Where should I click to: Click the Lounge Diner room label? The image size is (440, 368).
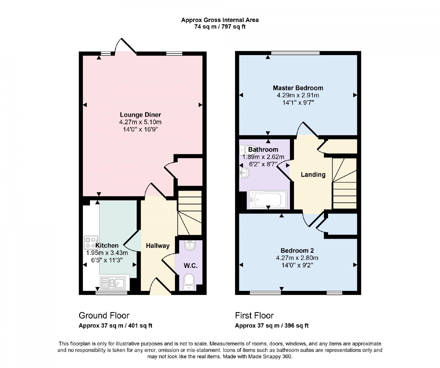point(140,115)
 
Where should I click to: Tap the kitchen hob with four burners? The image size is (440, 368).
point(91,243)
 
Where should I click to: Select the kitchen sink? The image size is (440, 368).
point(113,283)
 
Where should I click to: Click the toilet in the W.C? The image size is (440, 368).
point(189,282)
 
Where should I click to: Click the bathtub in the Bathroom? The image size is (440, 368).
point(268,199)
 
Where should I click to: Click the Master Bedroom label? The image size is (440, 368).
point(298,88)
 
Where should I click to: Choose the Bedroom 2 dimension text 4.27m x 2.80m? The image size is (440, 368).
point(297,258)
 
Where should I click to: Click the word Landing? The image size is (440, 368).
point(313,174)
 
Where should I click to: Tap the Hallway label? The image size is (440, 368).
point(158,246)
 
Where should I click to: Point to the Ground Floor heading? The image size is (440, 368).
point(104,315)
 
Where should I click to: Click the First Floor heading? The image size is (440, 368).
point(254,315)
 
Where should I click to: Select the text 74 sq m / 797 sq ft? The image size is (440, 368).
point(220,27)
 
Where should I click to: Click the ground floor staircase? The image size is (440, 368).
point(190,213)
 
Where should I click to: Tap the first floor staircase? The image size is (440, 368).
point(345,183)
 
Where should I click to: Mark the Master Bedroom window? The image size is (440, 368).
point(295,53)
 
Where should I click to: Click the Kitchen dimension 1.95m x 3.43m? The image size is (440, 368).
point(107,253)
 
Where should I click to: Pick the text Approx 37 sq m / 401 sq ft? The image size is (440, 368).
point(116,326)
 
